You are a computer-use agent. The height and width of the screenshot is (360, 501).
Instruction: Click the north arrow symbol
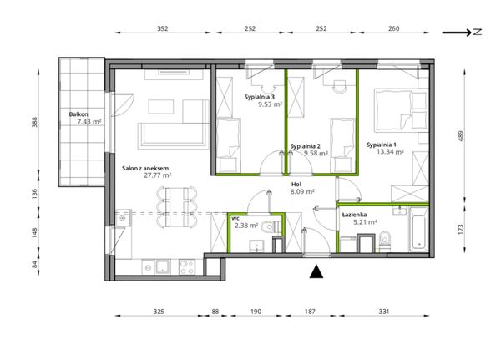[462, 32]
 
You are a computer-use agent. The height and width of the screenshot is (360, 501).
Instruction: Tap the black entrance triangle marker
[316, 271]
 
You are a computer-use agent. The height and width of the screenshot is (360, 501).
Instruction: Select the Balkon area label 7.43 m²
[89, 121]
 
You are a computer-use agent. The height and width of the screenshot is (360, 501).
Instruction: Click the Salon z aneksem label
[145, 168]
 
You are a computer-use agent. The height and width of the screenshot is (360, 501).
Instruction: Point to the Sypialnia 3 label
[260, 97]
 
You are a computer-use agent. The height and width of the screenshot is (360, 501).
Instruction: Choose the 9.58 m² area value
[316, 153]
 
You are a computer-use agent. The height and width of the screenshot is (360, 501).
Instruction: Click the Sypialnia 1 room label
[382, 145]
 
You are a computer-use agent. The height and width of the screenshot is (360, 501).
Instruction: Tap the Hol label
[296, 185]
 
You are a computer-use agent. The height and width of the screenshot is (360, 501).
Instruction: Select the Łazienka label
[354, 215]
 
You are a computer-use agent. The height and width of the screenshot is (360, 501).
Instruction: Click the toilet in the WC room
[271, 227]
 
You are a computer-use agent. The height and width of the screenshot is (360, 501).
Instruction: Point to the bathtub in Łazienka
[418, 229]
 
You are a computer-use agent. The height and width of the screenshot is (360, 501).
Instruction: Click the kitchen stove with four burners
[187, 267]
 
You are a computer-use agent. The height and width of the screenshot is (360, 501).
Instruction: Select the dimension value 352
[163, 28]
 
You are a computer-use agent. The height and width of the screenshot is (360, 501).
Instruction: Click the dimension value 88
[215, 311]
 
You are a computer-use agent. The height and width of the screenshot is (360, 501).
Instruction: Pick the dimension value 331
[384, 311]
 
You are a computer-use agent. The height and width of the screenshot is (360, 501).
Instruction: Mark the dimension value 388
[34, 122]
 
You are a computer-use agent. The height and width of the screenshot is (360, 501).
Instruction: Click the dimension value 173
[460, 229]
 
